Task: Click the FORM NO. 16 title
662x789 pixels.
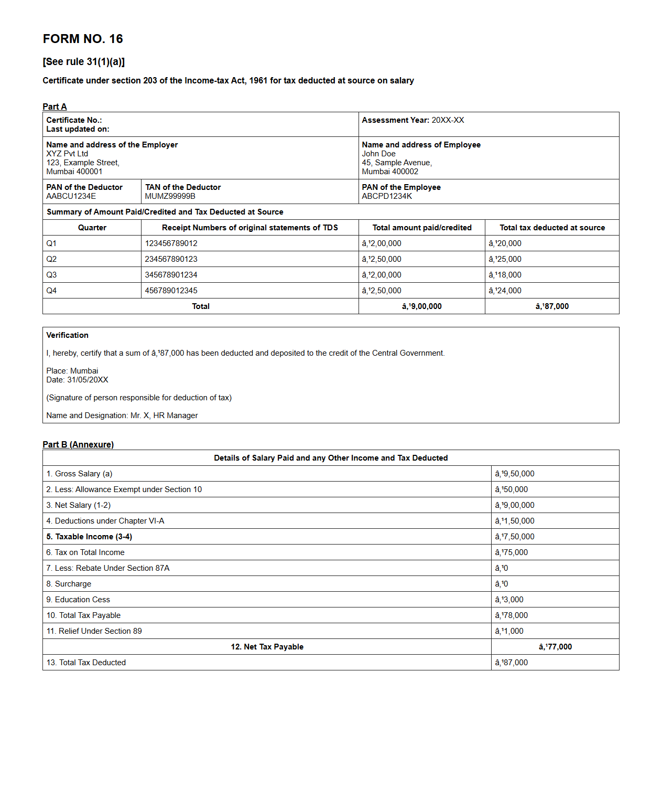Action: tap(83, 39)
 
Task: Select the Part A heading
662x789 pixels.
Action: tap(55, 106)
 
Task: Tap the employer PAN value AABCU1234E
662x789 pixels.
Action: tap(71, 196)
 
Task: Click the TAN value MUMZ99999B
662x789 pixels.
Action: tap(170, 196)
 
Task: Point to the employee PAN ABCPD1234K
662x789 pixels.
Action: tap(386, 196)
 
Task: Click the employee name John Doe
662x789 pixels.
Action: tap(378, 154)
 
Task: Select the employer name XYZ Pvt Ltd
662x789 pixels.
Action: tap(67, 154)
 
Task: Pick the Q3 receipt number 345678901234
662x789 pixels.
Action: tap(171, 275)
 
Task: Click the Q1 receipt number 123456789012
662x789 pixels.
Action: tap(171, 243)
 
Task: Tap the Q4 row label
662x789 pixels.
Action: tap(51, 291)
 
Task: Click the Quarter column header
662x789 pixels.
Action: tap(92, 228)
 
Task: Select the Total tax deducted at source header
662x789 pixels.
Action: tap(552, 228)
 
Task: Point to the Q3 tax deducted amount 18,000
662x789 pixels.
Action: tap(505, 275)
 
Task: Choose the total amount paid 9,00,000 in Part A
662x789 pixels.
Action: tap(421, 306)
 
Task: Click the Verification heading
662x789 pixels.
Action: tap(67, 335)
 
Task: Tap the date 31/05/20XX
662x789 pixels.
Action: tap(88, 380)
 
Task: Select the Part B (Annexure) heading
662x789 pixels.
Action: tap(78, 444)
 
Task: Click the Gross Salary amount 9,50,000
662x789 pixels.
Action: tap(514, 474)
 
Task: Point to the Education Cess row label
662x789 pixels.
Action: tap(78, 600)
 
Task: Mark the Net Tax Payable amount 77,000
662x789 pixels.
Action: tap(555, 647)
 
